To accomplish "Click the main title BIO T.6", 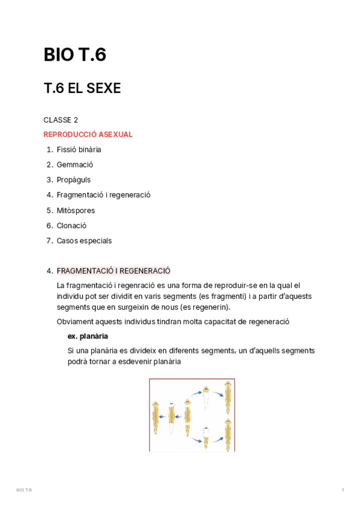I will coord(75,55).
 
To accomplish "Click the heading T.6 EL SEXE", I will coord(82,88).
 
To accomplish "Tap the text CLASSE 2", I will coord(61,120).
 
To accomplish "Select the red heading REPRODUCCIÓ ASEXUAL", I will coord(88,134).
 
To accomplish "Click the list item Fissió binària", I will coord(79,149).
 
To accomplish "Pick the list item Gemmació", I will coord(75,164).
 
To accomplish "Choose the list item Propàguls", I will coord(74,179).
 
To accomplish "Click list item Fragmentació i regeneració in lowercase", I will coord(103,195).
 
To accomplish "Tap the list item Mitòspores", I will coord(76,211).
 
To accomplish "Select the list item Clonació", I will coord(71,226).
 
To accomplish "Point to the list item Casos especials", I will coord(84,241).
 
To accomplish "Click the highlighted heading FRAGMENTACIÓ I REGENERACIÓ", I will coord(113,271).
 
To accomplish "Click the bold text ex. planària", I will coord(88,336).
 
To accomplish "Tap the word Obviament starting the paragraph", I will coord(74,322).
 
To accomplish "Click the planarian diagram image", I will coord(192,415).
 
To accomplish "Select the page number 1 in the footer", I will coord(343,490).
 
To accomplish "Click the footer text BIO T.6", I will coord(24,490).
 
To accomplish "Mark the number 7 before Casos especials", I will coord(49,241).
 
